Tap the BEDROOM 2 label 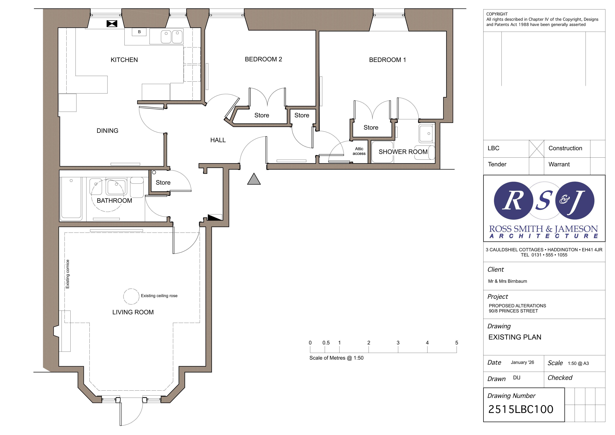tap(263, 59)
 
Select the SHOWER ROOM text tap(403, 152)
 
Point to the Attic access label tap(359, 151)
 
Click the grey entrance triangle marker tap(254, 179)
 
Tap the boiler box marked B tap(139, 32)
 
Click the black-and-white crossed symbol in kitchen tap(112, 24)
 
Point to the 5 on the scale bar tap(457, 343)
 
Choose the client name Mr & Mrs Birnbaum tap(507, 281)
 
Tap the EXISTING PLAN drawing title tap(515, 337)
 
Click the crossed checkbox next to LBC tap(536, 149)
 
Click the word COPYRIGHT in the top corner tap(497, 14)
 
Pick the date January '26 tap(522, 362)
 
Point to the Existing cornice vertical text tap(68, 274)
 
